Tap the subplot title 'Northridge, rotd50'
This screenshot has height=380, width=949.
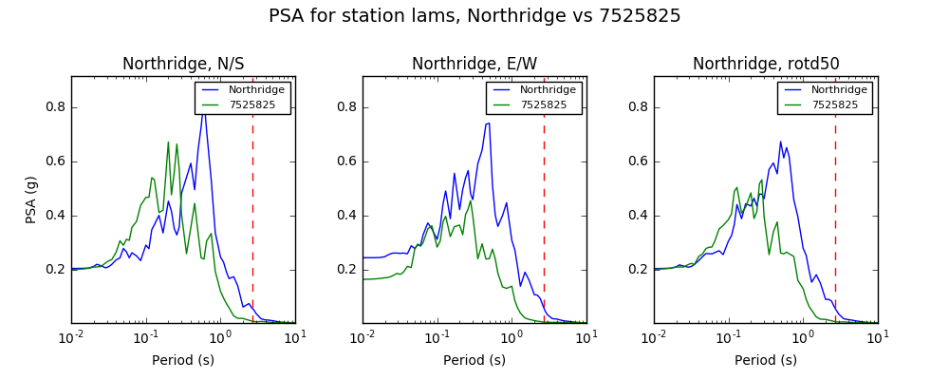pyautogui.click(x=766, y=64)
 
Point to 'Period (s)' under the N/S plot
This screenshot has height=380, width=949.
pyautogui.click(x=183, y=361)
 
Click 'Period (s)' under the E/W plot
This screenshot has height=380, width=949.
pyautogui.click(x=474, y=361)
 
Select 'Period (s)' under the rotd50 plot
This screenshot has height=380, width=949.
pyautogui.click(x=766, y=361)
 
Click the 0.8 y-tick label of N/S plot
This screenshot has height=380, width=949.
pyautogui.click(x=56, y=108)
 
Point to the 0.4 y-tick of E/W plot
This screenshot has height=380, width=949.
pyautogui.click(x=346, y=216)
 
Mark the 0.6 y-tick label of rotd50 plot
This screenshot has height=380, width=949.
pyautogui.click(x=639, y=161)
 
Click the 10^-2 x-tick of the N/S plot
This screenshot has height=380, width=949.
pyautogui.click(x=71, y=336)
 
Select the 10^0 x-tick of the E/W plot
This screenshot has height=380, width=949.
pyautogui.click(x=512, y=336)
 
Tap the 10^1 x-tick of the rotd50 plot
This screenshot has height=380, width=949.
pyautogui.click(x=877, y=336)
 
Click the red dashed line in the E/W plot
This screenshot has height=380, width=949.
pyautogui.click(x=544, y=200)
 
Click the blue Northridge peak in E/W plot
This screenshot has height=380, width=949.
pyautogui.click(x=489, y=123)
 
